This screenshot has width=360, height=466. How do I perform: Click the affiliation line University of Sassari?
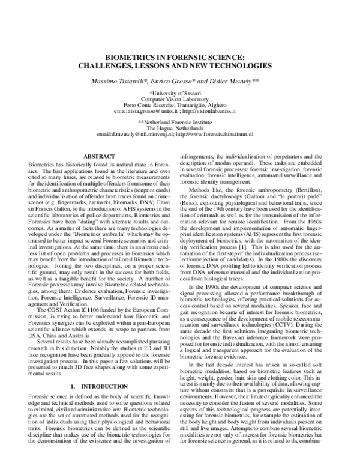181,92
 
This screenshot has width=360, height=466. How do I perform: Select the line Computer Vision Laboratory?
180,98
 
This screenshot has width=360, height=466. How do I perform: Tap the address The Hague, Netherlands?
180,128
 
